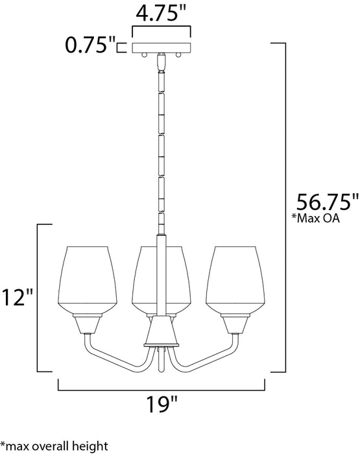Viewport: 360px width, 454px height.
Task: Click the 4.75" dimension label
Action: coord(162,12)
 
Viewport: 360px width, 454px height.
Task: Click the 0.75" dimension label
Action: coord(88,45)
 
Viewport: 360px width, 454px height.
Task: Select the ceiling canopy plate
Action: coord(162,48)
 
